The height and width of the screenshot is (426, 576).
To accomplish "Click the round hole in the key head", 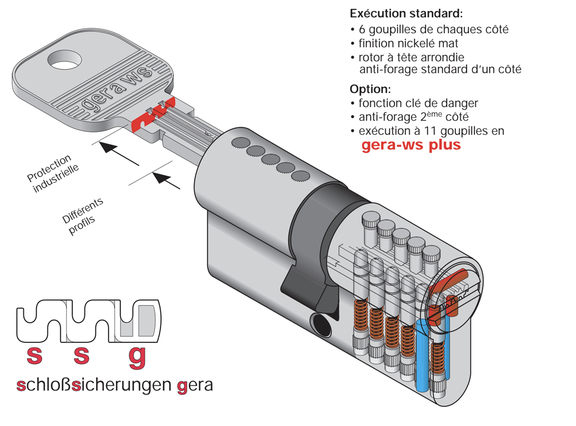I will point(64,60).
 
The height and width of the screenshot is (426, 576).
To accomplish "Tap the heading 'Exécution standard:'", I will point(406,13).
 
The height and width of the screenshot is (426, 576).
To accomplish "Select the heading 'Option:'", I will point(370,89).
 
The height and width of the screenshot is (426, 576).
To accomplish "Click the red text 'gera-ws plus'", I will point(411,145).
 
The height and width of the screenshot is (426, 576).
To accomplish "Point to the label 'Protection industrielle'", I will point(53,173).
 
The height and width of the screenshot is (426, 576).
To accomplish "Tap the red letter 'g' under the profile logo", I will point(137,357).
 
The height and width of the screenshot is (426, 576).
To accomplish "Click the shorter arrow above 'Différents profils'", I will point(166,181).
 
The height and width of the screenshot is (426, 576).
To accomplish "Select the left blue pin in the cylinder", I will point(422,355).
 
